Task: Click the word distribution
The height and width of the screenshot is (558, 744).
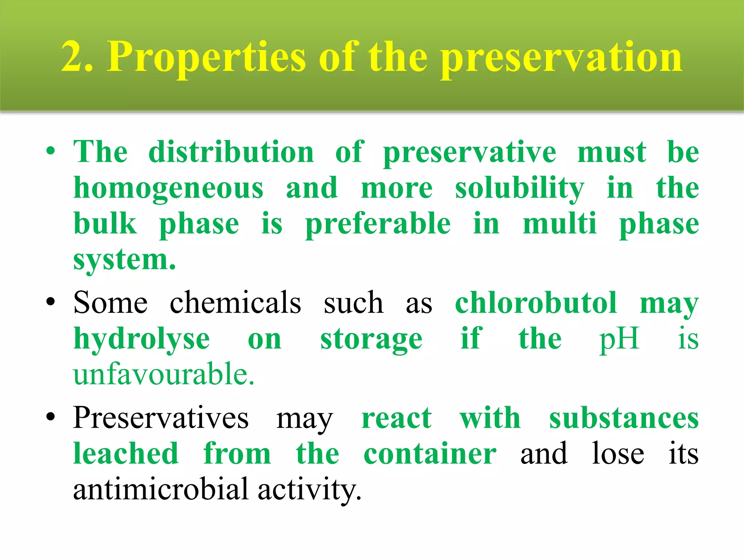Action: point(231,152)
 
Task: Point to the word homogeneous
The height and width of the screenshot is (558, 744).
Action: point(168,189)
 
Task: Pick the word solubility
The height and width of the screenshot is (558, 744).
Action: point(519,189)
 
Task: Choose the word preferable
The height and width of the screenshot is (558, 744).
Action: point(378,225)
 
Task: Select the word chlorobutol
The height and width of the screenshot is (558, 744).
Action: point(536,303)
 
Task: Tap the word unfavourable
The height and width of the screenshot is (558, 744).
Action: point(163,374)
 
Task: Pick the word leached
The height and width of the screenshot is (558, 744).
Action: point(126,454)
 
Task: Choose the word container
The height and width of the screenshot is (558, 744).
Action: point(430,454)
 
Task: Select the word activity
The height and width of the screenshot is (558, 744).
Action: point(310,490)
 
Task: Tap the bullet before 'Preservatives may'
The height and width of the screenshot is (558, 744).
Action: point(50,417)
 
